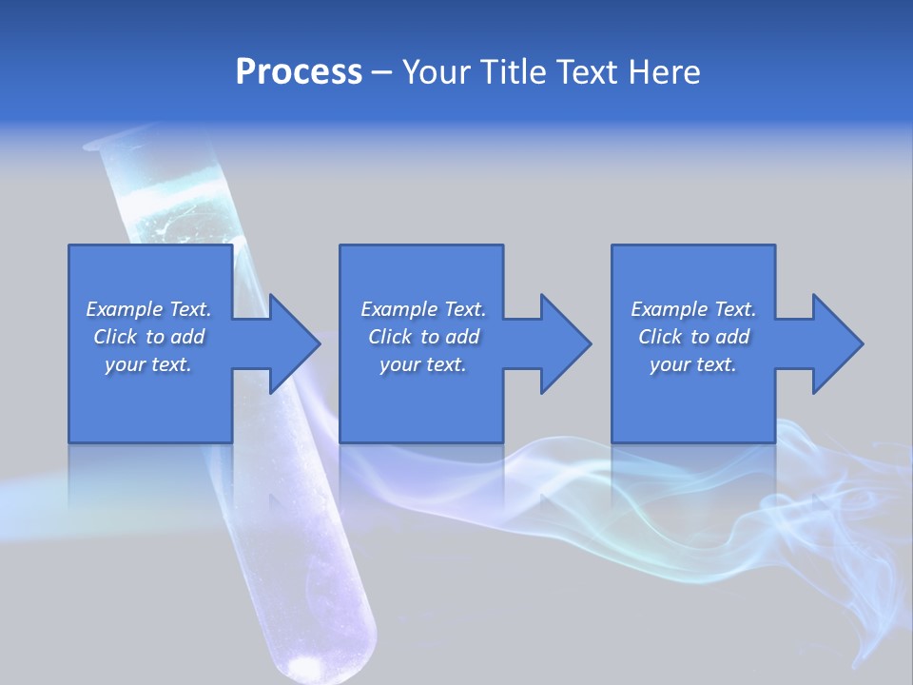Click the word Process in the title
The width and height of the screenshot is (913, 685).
coord(299,72)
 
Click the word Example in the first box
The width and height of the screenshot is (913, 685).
coord(125,309)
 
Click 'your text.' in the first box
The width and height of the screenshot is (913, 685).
coord(148,364)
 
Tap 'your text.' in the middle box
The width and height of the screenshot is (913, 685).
coord(422,364)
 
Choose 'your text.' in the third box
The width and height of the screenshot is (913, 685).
coord(693,364)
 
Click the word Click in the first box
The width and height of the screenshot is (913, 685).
coord(114,337)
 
